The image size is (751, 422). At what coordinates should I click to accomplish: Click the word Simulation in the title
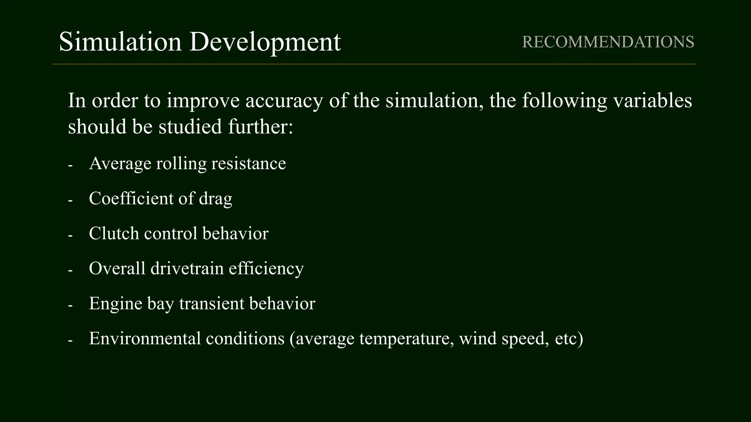click(120, 41)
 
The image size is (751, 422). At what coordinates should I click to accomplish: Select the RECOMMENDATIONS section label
click(608, 42)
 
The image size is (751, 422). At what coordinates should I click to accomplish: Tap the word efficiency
click(266, 269)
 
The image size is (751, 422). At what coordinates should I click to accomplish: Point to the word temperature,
click(406, 338)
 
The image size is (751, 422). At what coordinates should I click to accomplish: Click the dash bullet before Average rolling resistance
click(70, 166)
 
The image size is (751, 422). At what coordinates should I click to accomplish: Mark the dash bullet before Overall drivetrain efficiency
click(70, 271)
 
